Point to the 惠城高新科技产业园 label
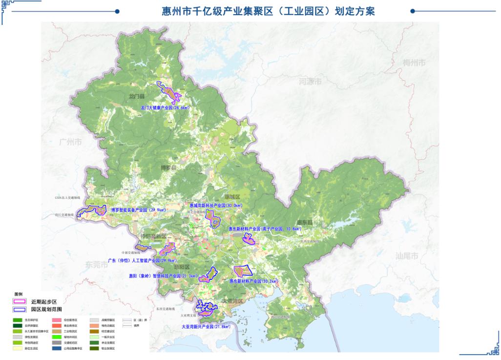pos(216,206)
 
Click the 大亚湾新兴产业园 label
pos(206,326)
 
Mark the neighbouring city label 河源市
pos(310,82)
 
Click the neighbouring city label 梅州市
pos(414,63)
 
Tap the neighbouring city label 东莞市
pos(97,265)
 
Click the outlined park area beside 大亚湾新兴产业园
pos(207,308)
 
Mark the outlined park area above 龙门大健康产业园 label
pos(168,91)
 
